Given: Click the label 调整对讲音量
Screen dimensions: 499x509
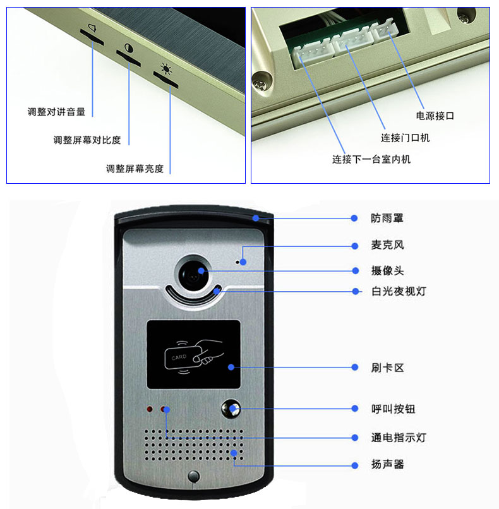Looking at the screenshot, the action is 56,112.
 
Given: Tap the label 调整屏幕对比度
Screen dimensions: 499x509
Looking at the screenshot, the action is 87,140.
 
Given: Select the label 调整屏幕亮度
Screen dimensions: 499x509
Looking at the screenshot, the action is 135,169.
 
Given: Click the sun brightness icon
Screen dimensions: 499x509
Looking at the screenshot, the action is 166,68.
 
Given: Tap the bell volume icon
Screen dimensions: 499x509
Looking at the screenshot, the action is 92,28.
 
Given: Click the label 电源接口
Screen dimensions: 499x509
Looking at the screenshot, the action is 435,116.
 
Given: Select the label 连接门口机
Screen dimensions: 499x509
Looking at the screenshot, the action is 405,138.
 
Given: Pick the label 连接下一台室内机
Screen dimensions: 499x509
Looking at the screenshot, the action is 371,159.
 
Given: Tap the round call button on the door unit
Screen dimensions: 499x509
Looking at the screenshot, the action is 231,409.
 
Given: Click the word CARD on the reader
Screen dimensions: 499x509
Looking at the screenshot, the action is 179,357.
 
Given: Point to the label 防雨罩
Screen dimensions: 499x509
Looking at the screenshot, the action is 387,218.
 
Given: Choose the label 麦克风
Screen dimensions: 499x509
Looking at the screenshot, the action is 388,245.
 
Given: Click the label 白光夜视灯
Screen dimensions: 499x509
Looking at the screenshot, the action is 399,291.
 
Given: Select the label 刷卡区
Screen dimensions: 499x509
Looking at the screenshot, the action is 388,368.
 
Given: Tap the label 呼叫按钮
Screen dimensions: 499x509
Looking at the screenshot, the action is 394,409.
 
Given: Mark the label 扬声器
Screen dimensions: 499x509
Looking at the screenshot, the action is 388,464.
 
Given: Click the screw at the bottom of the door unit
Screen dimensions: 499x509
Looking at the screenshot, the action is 194,477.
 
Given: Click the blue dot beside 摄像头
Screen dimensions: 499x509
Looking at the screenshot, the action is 355,271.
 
